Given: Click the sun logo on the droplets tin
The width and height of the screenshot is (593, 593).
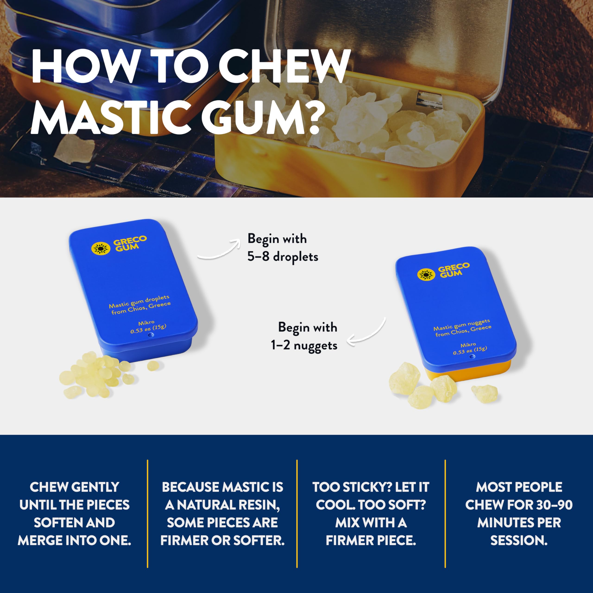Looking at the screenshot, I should pyautogui.click(x=101, y=248).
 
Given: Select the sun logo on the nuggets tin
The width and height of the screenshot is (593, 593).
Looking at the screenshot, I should pyautogui.click(x=426, y=274).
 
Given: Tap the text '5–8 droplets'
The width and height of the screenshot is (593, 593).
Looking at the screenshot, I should pyautogui.click(x=283, y=257).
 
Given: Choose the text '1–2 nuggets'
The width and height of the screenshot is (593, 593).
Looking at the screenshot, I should pyautogui.click(x=304, y=346).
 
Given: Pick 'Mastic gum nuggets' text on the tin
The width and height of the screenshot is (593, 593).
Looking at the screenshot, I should pyautogui.click(x=461, y=324).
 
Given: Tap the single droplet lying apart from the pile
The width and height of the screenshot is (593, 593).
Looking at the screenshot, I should pyautogui.click(x=153, y=365).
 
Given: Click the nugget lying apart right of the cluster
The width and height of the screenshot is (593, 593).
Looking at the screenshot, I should pyautogui.click(x=484, y=394).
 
